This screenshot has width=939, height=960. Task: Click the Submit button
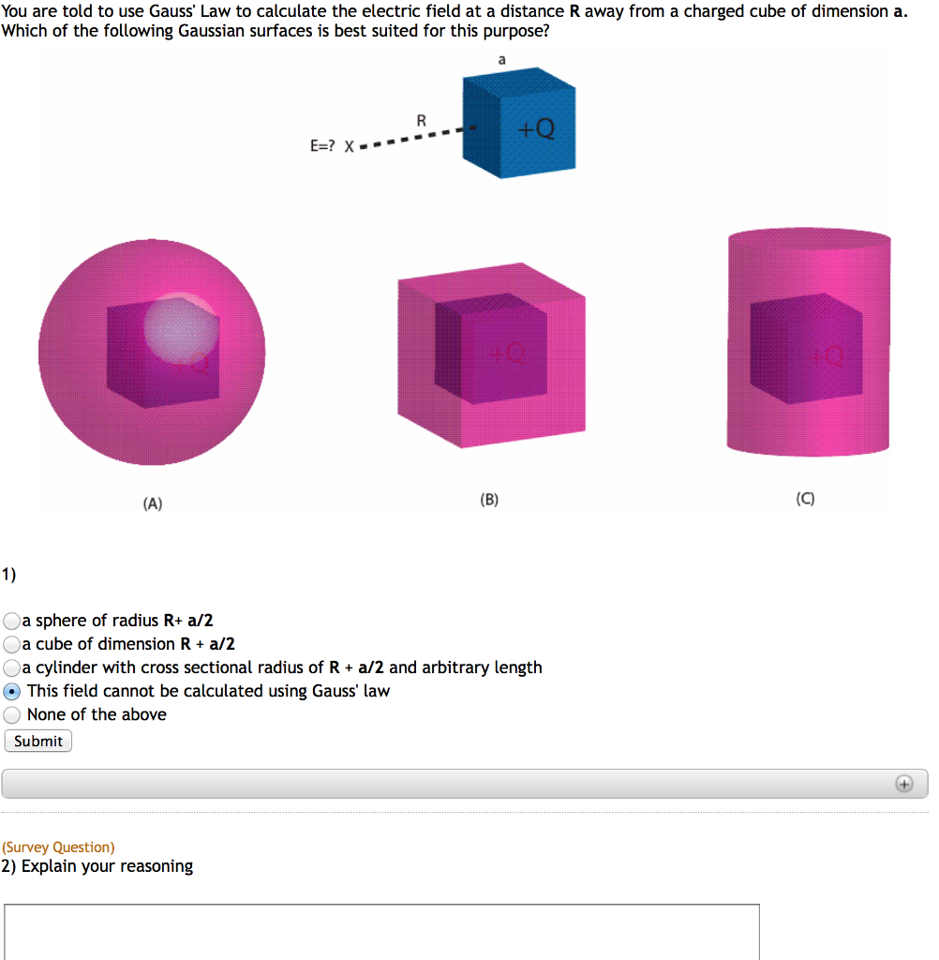pyautogui.click(x=38, y=741)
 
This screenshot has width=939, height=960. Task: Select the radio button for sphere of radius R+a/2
pyautogui.click(x=12, y=621)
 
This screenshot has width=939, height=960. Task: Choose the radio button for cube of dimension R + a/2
pyautogui.click(x=12, y=644)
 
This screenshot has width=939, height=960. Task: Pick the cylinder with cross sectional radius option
pyautogui.click(x=12, y=667)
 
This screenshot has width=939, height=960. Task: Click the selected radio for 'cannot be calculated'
pyautogui.click(x=12, y=691)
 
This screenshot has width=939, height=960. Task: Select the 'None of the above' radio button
pyautogui.click(x=12, y=714)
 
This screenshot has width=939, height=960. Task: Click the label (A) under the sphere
pyautogui.click(x=153, y=503)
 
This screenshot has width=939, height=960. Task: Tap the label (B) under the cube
pyautogui.click(x=489, y=500)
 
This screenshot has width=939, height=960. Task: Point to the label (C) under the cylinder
pyautogui.click(x=805, y=500)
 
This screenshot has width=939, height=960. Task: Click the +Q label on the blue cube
pyautogui.click(x=537, y=129)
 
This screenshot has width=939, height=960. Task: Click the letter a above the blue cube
pyautogui.click(x=501, y=59)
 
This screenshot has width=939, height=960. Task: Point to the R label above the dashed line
pyautogui.click(x=422, y=120)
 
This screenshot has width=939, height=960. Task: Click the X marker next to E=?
pyautogui.click(x=350, y=146)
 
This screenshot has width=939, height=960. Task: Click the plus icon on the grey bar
pyautogui.click(x=903, y=784)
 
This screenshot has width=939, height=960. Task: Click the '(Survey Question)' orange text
pyautogui.click(x=58, y=847)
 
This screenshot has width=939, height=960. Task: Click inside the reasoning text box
pyautogui.click(x=381, y=931)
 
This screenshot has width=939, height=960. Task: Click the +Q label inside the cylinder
pyautogui.click(x=828, y=356)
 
